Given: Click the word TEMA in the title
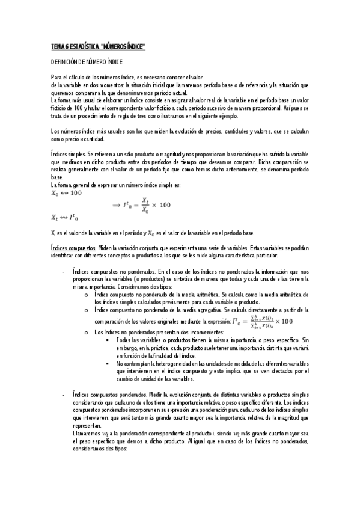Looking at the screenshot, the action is [58, 46].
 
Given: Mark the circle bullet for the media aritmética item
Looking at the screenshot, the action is [87, 295].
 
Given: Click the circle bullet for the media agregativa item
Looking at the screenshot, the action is [87, 310].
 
